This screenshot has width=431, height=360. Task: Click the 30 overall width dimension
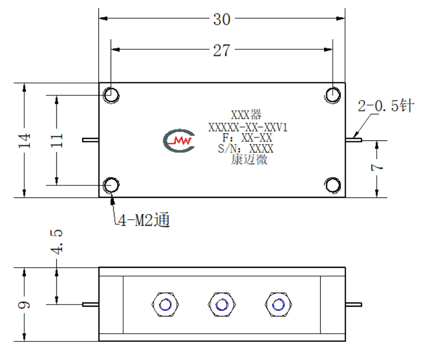tap(221, 20)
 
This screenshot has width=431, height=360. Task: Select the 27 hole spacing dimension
tap(221, 51)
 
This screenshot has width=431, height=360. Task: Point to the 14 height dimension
tap(24, 140)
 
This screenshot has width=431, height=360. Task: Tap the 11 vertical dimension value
tap(57, 140)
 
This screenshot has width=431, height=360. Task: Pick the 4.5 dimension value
tap(57, 242)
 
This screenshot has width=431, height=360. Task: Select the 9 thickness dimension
tap(24, 305)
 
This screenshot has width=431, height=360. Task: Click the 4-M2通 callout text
tap(144, 220)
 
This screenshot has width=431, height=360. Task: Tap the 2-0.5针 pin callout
tap(386, 106)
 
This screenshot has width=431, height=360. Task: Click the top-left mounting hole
tap(111, 95)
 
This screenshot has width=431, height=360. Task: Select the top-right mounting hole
tap(333, 95)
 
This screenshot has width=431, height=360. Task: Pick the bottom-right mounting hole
tap(333, 185)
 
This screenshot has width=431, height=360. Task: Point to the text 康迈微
tap(249, 160)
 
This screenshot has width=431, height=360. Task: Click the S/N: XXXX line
tap(246, 149)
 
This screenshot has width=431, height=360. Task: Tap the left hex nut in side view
tap(165, 305)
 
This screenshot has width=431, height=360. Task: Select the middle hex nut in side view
tap(222, 305)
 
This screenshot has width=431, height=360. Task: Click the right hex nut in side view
tap(278, 305)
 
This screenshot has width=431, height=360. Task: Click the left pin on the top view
tap(91, 140)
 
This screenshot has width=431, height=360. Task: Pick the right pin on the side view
tap(354, 305)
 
